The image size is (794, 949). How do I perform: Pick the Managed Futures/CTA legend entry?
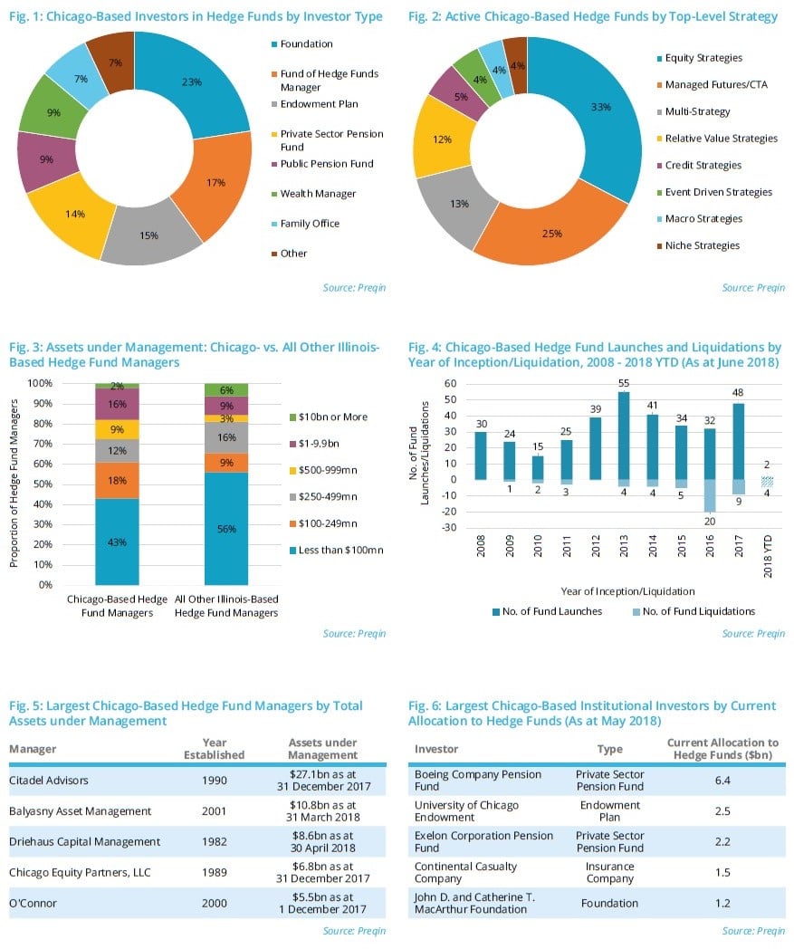717,85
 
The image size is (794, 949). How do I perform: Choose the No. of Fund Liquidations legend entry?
697,611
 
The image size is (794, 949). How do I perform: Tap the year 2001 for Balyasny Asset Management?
215,810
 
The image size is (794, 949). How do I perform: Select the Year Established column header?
215,749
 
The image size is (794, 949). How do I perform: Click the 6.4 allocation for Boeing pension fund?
722,781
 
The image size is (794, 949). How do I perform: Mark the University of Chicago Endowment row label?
466,811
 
